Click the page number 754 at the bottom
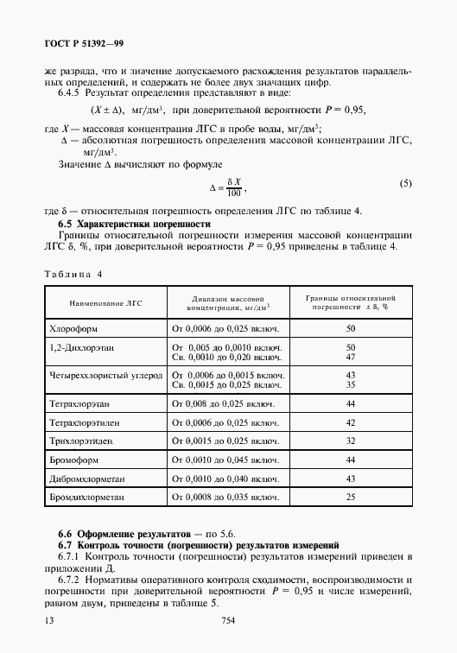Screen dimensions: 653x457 pos(229,620)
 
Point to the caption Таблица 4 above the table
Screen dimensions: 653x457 pos(73,274)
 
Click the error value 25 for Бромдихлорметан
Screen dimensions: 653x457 pos(351,498)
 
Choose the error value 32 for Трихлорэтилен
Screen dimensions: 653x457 pos(351,441)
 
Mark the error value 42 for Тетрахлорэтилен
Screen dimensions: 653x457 pos(351,422)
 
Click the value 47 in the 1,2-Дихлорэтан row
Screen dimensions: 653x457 pos(351,356)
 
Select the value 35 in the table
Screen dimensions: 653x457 pos(351,384)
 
